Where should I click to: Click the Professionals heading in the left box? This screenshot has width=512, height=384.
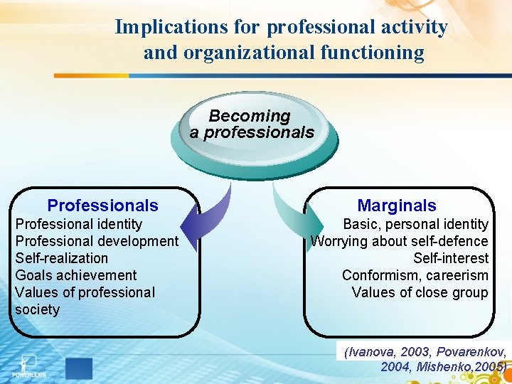point(102,206)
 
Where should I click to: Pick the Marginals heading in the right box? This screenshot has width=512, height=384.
point(397,206)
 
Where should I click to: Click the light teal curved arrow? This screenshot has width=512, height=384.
point(290,217)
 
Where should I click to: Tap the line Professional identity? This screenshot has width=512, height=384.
point(79,224)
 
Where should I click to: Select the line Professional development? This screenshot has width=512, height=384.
point(97,241)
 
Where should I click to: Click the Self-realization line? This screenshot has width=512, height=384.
point(62,258)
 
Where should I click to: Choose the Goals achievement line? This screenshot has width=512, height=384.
point(76,275)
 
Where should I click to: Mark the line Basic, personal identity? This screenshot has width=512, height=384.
point(415,224)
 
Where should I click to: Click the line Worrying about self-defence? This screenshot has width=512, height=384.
point(400,241)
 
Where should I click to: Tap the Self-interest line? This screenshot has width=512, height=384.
point(451,258)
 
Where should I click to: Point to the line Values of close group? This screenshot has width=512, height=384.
point(420,292)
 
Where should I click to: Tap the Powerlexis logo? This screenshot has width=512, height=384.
point(29,365)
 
